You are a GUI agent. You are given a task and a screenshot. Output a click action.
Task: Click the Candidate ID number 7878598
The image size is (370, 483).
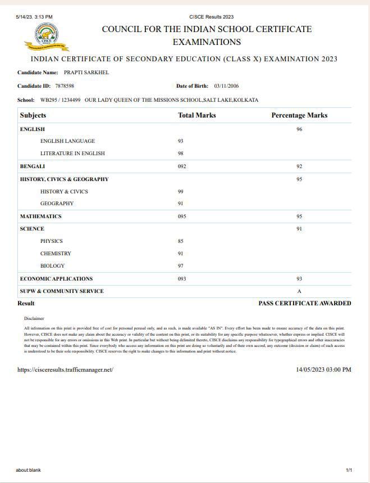coord(65,86)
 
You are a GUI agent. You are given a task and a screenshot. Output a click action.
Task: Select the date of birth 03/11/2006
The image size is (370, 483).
coord(227,86)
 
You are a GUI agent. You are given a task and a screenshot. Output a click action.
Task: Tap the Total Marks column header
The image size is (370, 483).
coord(197,115)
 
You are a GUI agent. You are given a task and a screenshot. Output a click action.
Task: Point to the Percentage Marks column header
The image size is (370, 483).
coord(299,115)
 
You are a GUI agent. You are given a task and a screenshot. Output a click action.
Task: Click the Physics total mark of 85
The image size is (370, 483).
coord(181,241)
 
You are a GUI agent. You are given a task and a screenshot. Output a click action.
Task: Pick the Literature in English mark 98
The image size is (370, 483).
coord(181,154)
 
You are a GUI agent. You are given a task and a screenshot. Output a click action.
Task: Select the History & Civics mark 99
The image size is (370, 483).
coord(181,192)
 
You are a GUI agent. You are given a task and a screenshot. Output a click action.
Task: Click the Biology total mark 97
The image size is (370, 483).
coord(181,266)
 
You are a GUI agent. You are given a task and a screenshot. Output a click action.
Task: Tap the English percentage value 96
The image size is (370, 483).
coord(299,129)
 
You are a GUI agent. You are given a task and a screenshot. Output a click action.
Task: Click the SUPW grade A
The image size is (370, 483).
coord(299,291)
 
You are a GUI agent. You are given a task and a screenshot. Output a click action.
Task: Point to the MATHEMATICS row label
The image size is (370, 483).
coord(40,216)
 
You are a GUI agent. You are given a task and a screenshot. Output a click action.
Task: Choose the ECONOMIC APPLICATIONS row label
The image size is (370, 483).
coord(56,279)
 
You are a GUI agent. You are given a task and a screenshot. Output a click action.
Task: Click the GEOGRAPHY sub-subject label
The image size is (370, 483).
coord(57,204)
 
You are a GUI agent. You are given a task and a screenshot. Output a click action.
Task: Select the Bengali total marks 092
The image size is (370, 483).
coord(182,166)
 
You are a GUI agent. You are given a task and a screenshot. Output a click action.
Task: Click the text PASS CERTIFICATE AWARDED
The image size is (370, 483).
coord(304,303)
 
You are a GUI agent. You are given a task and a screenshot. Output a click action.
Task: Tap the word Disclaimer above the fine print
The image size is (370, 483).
coord(34,318)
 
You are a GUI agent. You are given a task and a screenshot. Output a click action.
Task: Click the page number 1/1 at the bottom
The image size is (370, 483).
coord(349,470)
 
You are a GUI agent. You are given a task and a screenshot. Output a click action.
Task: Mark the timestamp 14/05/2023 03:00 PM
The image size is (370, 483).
coord(323,370)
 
